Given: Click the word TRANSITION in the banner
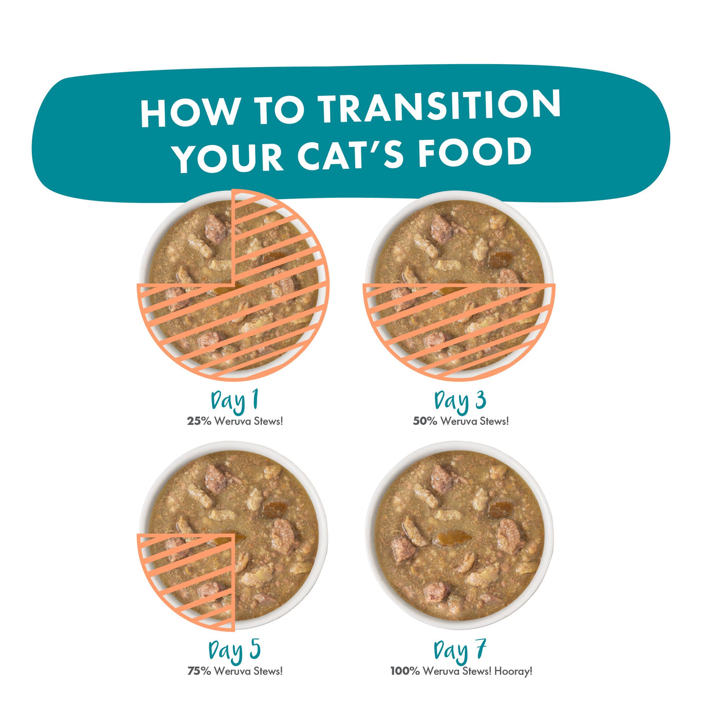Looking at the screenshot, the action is pos(439,106).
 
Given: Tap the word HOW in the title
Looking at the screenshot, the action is pos(190,110).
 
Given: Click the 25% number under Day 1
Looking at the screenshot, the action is pos(199,422).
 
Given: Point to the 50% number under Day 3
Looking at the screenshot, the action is pos(425,422).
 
